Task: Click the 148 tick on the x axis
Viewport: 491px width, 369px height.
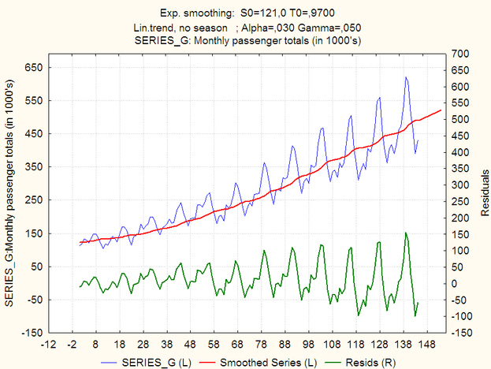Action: click(x=427, y=344)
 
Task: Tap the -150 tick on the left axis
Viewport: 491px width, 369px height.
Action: click(x=32, y=333)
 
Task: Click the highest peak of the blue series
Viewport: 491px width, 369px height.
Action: click(x=405, y=77)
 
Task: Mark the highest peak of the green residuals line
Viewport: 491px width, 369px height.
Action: click(x=405, y=233)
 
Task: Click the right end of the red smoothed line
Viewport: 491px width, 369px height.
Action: click(x=441, y=110)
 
